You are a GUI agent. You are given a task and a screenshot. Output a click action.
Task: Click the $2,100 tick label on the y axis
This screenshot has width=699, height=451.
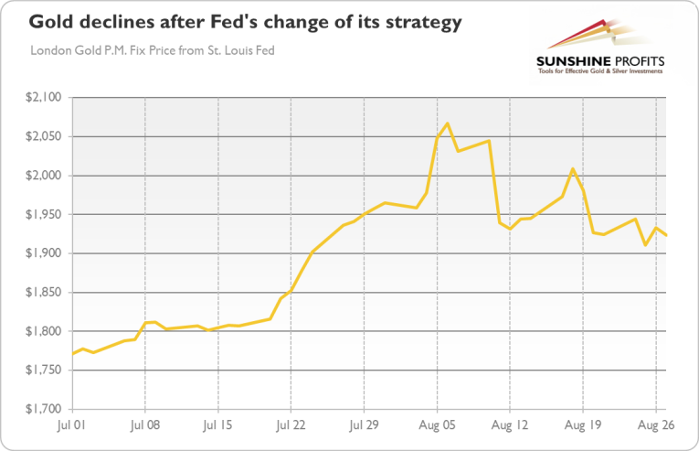[43, 98]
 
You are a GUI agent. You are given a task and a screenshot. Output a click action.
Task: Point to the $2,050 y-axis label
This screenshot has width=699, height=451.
[43, 136]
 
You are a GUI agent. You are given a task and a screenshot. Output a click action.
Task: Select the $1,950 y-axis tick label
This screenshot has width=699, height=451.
[43, 215]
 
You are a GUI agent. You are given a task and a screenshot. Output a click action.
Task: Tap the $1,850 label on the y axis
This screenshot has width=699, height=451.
[43, 293]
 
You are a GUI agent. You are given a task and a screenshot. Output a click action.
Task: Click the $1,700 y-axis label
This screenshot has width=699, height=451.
[43, 410]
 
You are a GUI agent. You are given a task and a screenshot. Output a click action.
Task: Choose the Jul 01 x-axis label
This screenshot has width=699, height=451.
[72, 425]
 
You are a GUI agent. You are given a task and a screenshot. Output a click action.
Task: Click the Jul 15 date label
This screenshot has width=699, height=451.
[217, 425]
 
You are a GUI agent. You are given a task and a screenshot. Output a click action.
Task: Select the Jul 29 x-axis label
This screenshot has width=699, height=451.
[364, 425]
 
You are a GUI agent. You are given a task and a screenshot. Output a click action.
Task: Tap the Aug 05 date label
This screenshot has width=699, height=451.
[437, 425]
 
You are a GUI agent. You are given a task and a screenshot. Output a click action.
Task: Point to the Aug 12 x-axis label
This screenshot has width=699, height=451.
[510, 425]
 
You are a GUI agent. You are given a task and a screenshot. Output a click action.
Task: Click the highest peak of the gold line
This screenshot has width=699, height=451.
[447, 123]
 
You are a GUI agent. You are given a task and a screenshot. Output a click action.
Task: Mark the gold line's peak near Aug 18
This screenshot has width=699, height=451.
[573, 169]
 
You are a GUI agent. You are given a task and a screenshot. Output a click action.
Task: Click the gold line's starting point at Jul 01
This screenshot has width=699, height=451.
[72, 353]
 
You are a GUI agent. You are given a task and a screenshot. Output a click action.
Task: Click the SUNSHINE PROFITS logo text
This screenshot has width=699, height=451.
[600, 61]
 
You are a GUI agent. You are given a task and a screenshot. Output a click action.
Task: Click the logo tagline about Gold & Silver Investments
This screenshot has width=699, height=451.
[600, 73]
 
